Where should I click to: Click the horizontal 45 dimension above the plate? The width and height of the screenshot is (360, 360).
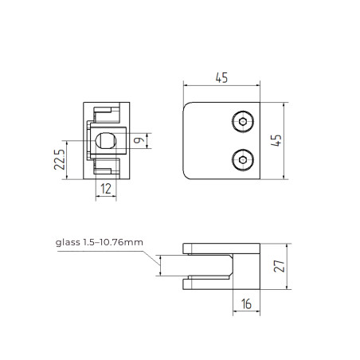coord(221,77)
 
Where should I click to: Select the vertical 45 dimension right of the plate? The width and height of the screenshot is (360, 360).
coord(276,140)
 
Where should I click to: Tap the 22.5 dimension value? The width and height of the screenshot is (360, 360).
coord(60,159)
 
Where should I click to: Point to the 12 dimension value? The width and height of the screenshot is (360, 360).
coord(106,189)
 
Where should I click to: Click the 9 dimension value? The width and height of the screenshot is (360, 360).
coord(139,140)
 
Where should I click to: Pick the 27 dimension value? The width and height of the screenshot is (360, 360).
coord(279,266)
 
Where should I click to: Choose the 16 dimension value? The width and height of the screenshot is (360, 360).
coord(246,304)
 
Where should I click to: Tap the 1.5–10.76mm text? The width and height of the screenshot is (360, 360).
coord(113,242)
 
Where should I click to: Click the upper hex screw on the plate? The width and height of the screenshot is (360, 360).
coord(243,122)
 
